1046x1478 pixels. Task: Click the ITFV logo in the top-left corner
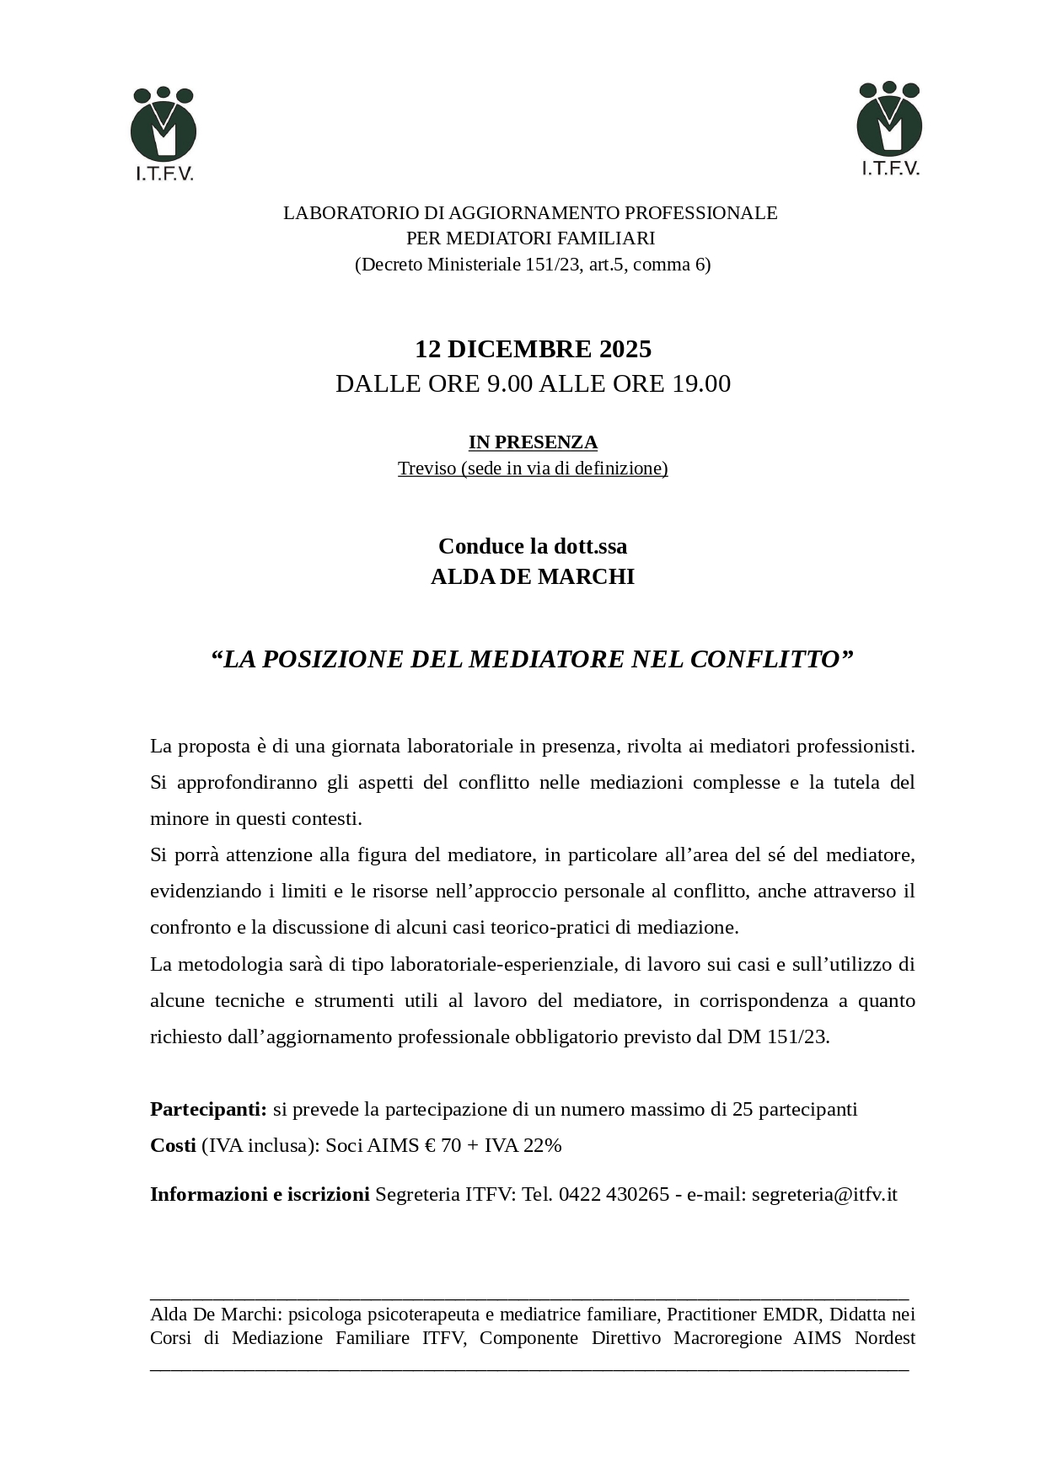[164, 133]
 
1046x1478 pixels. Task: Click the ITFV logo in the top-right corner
[889, 128]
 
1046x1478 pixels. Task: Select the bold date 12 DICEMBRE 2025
[533, 349]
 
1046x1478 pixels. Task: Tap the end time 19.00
[700, 384]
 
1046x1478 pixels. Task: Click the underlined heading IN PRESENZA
[533, 442]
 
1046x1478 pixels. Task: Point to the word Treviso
[426, 469]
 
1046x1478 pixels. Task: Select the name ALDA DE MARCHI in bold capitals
[533, 577]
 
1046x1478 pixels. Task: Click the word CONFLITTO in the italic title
[765, 659]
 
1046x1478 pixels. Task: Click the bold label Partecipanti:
[208, 1109]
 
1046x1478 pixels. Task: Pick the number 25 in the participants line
[743, 1109]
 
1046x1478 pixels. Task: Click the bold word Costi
[173, 1145]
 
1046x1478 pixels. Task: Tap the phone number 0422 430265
[614, 1194]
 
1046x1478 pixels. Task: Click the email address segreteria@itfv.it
[824, 1194]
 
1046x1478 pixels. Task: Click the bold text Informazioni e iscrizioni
[260, 1194]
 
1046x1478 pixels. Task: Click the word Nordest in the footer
[885, 1338]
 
